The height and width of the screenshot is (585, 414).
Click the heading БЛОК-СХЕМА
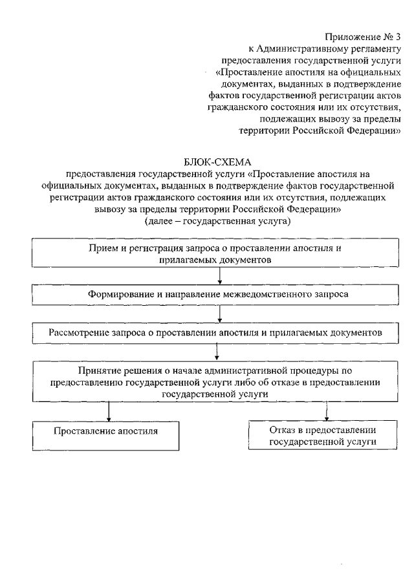[x=217, y=162]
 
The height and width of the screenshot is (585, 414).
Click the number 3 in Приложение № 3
[x=398, y=37]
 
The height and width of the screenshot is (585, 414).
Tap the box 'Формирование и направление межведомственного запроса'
[x=218, y=293]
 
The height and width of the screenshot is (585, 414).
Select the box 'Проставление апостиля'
[x=106, y=430]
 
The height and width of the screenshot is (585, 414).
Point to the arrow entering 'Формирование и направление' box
[x=221, y=275]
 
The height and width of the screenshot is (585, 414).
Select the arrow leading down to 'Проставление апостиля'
[x=109, y=411]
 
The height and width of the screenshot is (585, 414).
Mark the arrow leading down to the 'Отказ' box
[x=326, y=411]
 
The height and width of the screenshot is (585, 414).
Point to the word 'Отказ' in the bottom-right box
[x=281, y=429]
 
